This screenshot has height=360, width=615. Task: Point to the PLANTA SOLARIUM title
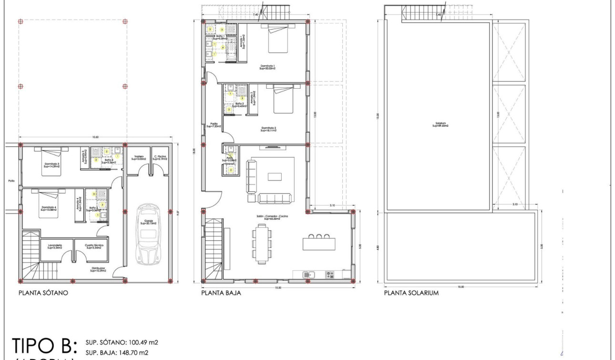click(x=411, y=293)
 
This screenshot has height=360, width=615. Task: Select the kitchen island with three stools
click(x=318, y=243)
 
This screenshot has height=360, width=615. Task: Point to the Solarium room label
click(x=441, y=125)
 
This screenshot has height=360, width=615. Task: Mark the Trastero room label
click(x=139, y=157)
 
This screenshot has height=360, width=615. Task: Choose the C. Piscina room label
click(x=159, y=157)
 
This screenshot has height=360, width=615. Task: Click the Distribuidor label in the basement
click(x=98, y=269)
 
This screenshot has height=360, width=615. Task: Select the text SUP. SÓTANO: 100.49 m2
click(x=122, y=342)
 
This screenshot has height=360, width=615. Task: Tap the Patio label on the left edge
click(x=11, y=181)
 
